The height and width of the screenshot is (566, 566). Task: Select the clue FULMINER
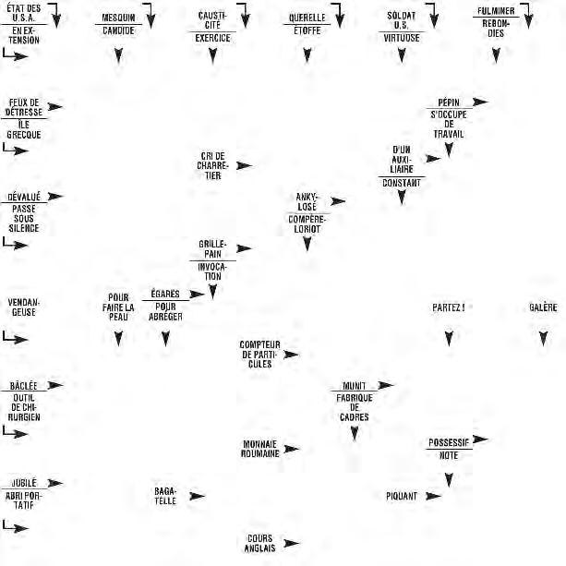[496, 12]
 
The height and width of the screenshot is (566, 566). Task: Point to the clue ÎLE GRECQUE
[23, 128]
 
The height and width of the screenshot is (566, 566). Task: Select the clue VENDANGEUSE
[23, 307]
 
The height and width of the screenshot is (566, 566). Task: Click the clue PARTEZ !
[449, 307]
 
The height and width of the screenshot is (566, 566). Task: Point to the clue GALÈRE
[543, 307]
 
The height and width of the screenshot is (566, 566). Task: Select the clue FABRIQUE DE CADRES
[355, 407]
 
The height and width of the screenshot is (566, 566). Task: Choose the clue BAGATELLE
[165, 496]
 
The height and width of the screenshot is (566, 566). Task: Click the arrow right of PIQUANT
[433, 496]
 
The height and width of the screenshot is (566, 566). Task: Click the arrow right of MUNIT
[385, 384]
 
